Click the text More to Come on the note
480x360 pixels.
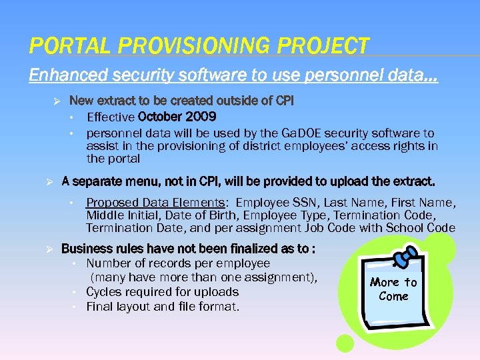coord(393,289)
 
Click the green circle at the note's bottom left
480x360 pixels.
coord(345,343)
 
